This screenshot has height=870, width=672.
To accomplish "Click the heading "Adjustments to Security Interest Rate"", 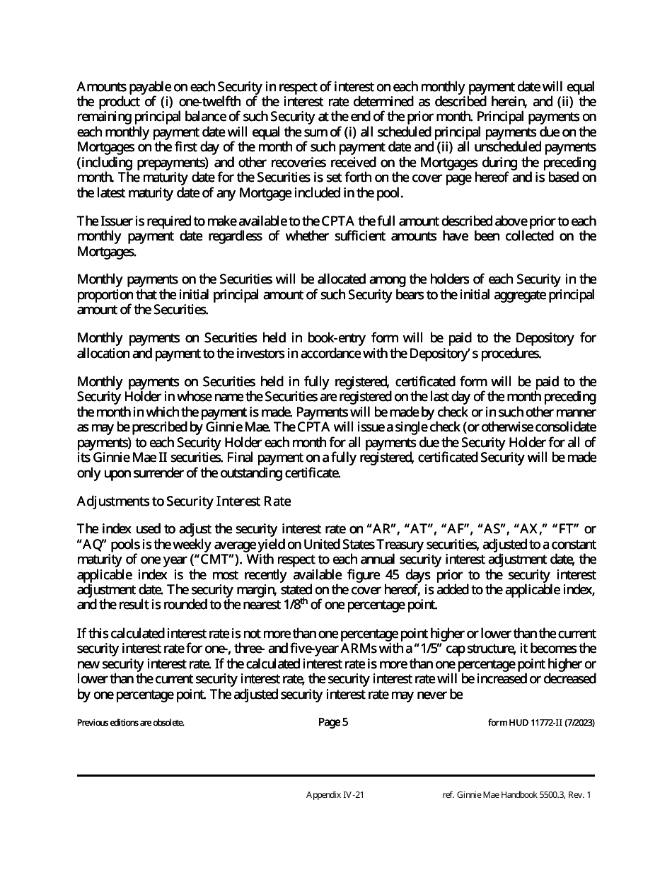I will coord(183,501).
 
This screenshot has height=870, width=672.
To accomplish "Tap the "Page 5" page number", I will coord(333,722).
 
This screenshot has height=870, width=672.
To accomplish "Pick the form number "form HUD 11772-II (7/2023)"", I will coord(536,723).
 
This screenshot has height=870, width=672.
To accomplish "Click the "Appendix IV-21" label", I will coord(335,795).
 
